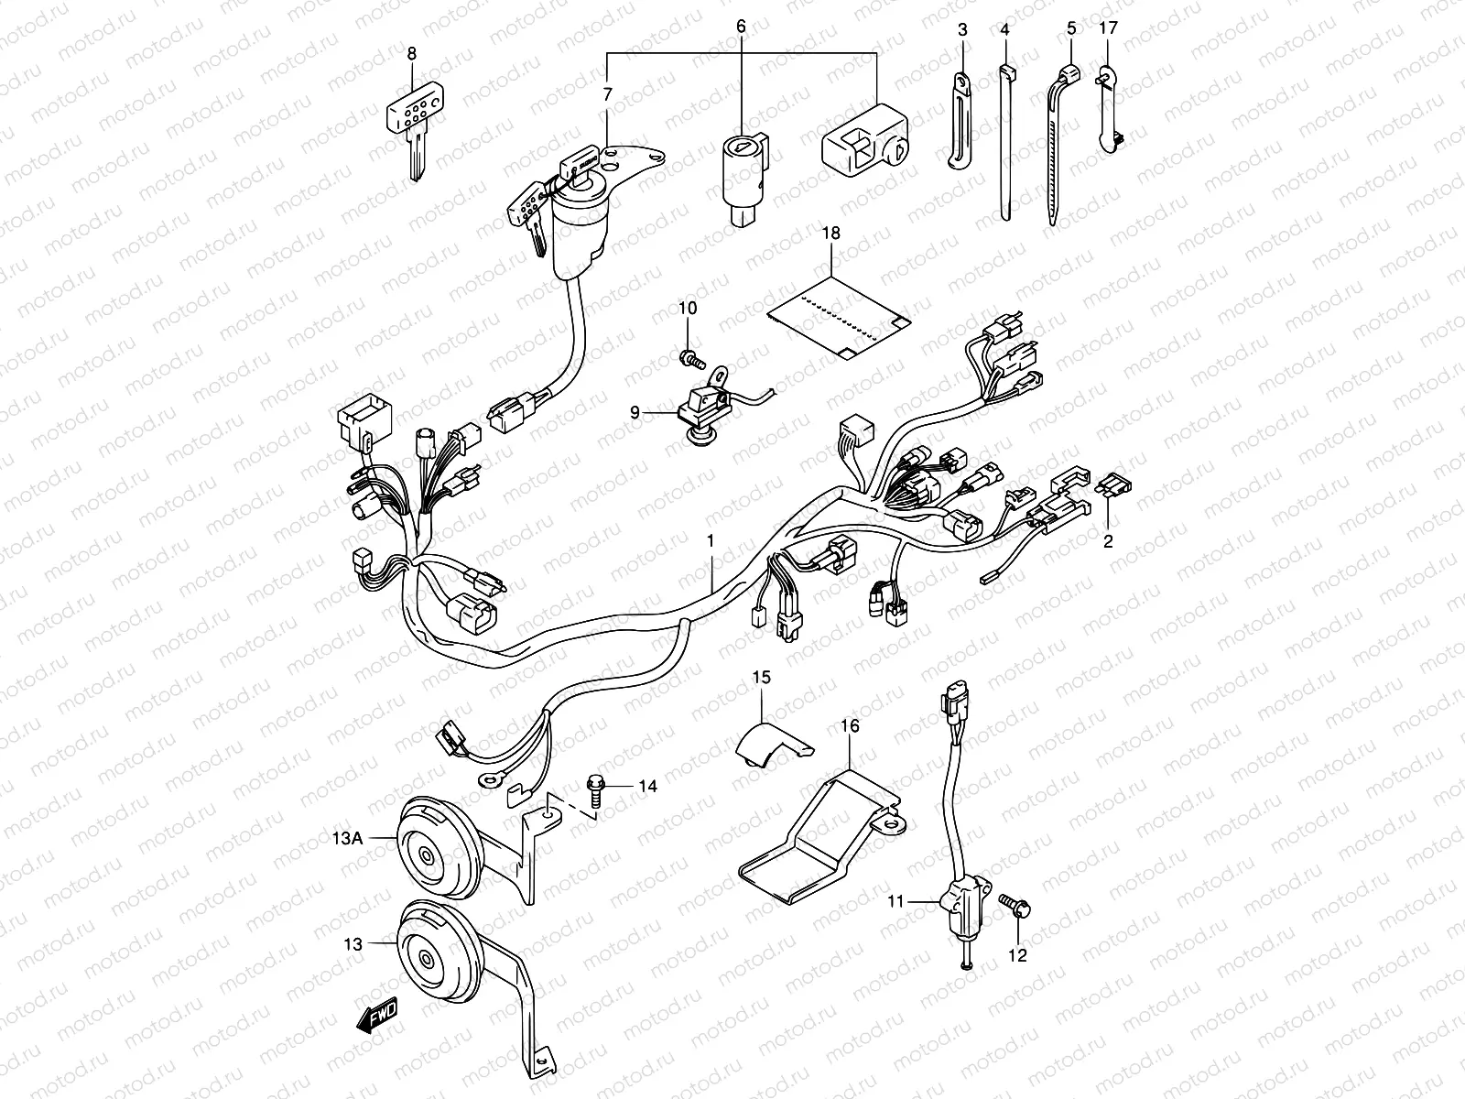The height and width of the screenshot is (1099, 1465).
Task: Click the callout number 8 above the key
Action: tap(412, 54)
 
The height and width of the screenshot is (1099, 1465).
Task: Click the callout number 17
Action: tap(1108, 29)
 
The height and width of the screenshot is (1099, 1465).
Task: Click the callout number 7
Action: tap(606, 95)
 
